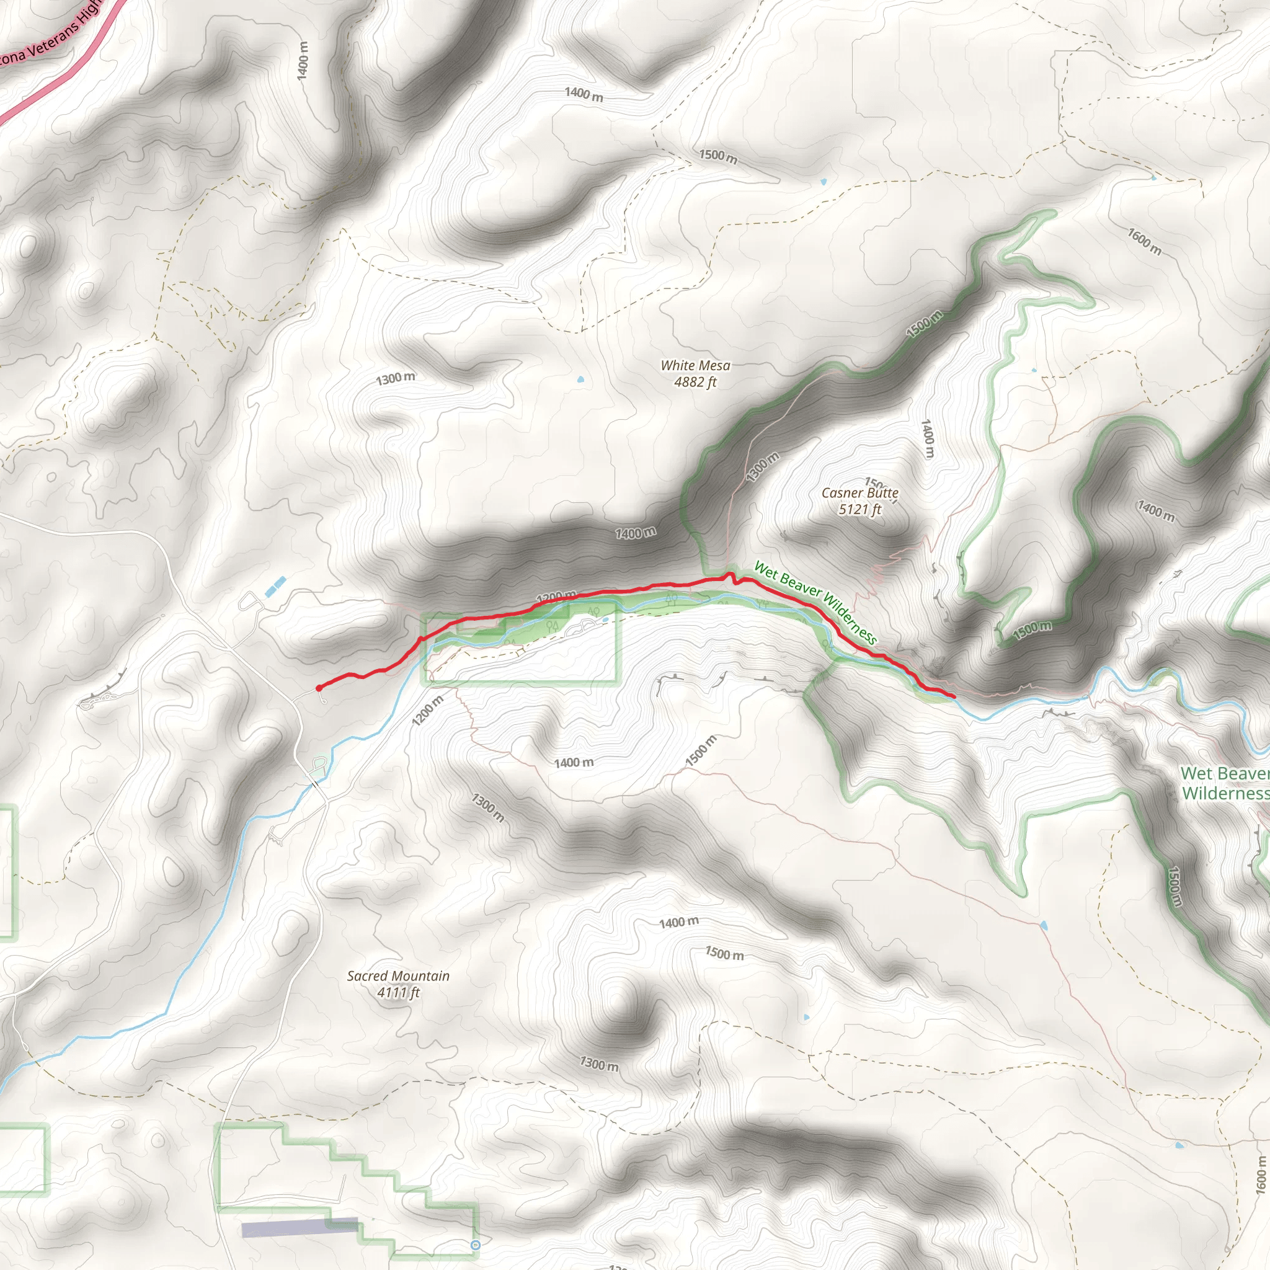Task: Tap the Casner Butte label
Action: coord(860,493)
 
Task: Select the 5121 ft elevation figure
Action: coord(860,510)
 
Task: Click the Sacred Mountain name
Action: coord(398,976)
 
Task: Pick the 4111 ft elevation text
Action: coord(398,993)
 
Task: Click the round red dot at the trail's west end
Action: coord(319,688)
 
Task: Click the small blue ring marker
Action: coord(476,1245)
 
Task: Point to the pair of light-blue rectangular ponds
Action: coord(275,587)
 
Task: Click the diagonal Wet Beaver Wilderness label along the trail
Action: coord(815,602)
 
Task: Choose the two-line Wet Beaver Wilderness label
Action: coord(1224,783)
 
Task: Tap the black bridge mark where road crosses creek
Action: coord(316,784)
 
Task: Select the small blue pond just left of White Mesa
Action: coord(580,380)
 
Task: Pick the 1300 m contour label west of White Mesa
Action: coord(395,379)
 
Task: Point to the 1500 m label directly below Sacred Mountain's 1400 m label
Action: coord(724,954)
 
